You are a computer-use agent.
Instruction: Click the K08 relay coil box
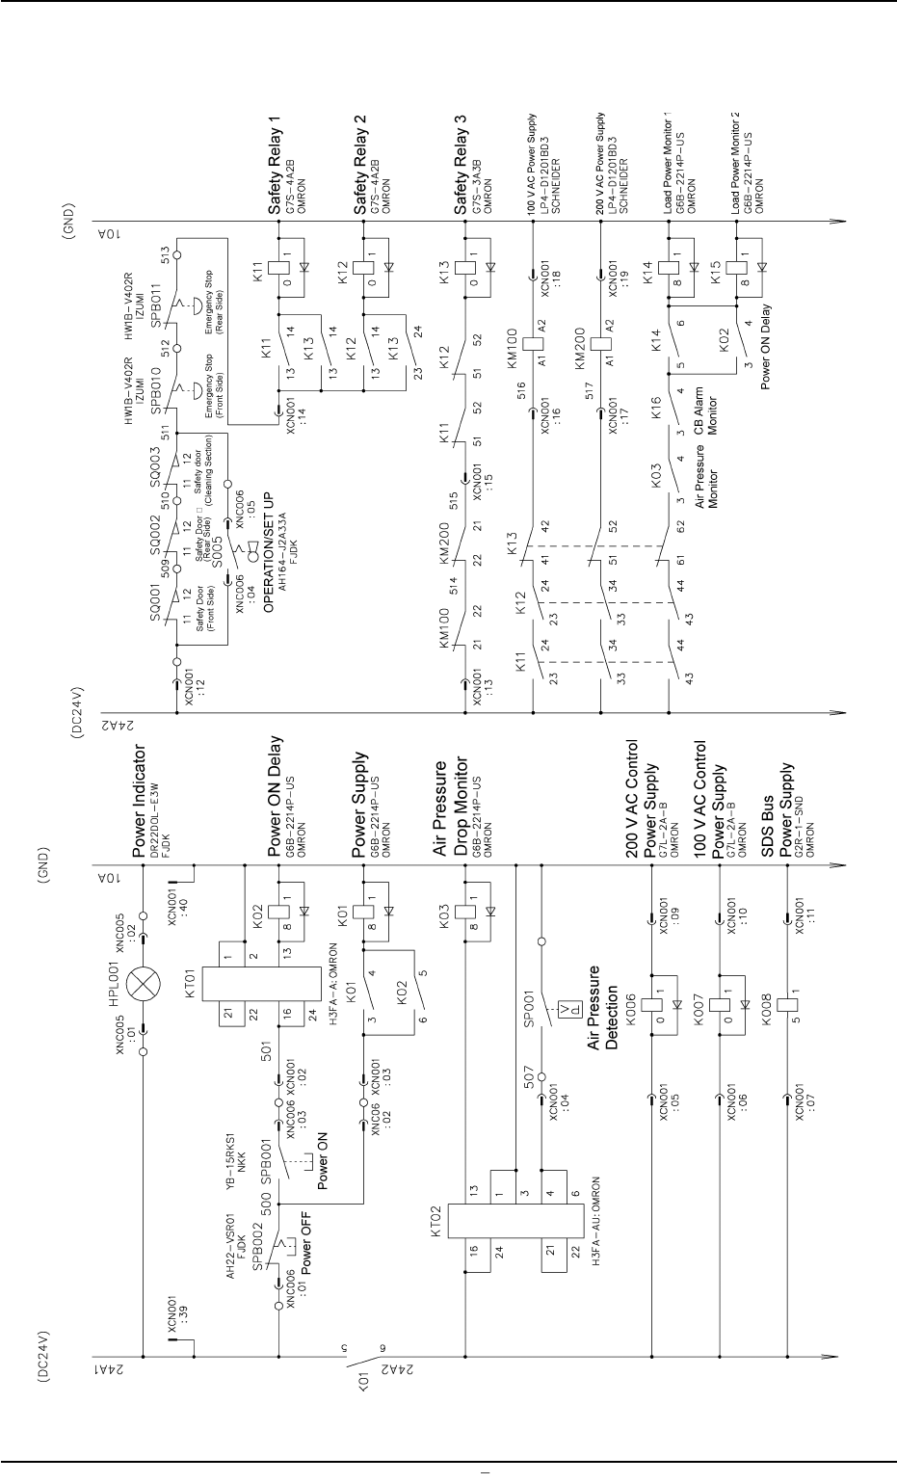(787, 1001)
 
